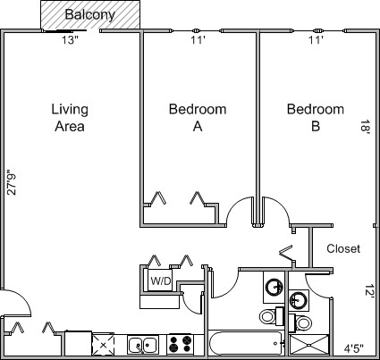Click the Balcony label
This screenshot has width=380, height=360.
point(89,14)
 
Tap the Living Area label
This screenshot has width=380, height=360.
point(70,118)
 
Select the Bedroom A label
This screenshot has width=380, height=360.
point(198,118)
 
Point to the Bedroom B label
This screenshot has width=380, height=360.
point(316,118)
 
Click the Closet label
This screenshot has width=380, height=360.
point(343,248)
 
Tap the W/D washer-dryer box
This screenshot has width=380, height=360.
point(160,280)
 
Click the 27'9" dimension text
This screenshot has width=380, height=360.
point(12,182)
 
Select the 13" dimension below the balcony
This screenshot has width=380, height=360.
point(70,40)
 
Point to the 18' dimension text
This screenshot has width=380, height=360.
point(366,127)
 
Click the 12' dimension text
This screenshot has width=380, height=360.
point(369,291)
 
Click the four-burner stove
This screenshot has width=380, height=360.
point(179,344)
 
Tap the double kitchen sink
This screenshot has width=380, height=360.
point(143,345)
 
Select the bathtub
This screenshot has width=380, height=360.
point(246,342)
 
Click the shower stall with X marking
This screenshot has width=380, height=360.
point(309,345)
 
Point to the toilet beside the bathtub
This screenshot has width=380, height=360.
point(271,316)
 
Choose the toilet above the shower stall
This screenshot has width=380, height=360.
point(300,322)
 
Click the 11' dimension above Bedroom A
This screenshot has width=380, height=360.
point(198,40)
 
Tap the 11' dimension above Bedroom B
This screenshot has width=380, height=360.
point(316,40)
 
